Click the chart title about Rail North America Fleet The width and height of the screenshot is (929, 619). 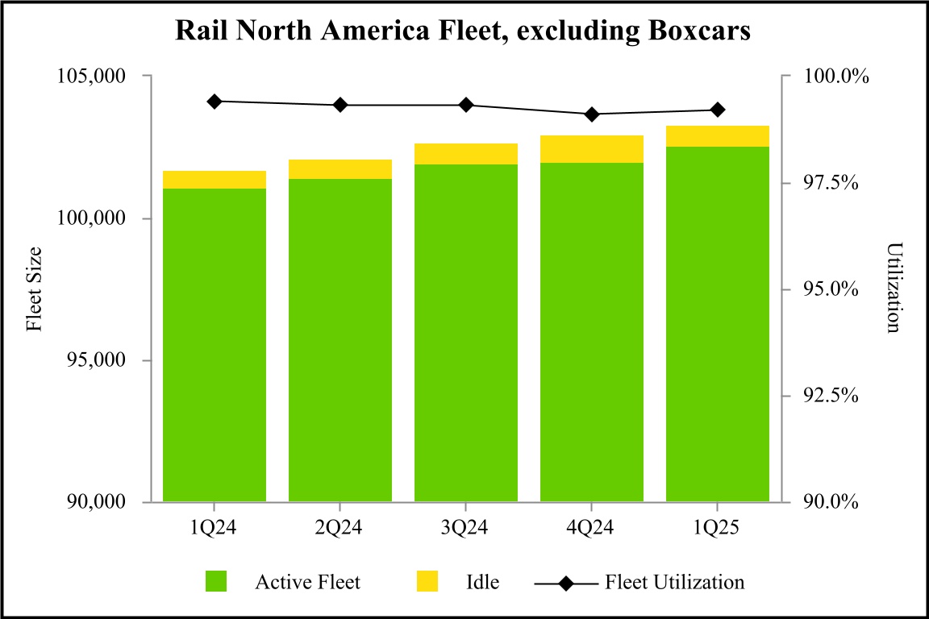tap(464, 31)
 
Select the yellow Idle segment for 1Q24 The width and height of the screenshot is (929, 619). tap(215, 180)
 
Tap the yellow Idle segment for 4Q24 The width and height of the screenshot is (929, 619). tap(592, 149)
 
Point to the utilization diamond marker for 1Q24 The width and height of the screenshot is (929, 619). tap(215, 102)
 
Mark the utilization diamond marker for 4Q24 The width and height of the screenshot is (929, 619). tap(592, 114)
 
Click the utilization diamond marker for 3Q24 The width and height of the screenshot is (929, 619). tap(466, 105)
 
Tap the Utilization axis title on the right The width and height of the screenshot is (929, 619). tap(893, 289)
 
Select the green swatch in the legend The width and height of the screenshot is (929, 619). tap(216, 581)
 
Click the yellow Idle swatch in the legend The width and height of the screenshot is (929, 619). tap(427, 581)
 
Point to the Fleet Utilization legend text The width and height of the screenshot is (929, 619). tap(674, 581)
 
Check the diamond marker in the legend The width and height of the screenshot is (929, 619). tap(567, 581)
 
